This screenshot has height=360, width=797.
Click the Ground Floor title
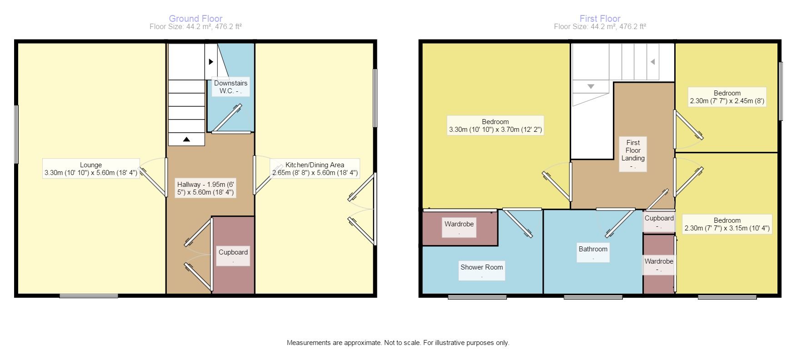pos(195,19)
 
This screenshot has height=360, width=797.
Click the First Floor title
pos(600,19)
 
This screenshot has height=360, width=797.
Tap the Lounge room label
pos(91,169)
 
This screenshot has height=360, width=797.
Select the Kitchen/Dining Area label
pos(315,169)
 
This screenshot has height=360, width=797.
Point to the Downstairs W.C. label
pos(231,87)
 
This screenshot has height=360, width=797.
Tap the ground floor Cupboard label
pos(233,256)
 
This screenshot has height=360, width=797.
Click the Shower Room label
pos(481,270)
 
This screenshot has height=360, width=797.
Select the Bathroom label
pos(593,252)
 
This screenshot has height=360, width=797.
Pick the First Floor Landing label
pos(633,154)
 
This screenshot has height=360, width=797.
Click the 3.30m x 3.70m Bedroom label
pos(495,125)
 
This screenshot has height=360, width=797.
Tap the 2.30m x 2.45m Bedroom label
pos(727,97)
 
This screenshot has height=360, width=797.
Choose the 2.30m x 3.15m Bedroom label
pos(727,224)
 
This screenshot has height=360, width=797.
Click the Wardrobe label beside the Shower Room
pos(459,227)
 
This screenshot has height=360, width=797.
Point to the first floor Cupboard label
pos(659,221)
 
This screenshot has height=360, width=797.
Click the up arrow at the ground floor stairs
pos(186,140)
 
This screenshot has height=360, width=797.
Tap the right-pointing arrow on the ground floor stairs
pos(211,61)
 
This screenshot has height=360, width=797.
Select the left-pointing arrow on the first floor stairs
pos(652,62)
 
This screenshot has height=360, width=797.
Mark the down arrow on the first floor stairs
pos(591,86)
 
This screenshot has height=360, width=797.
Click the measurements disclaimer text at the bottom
pos(398,343)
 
